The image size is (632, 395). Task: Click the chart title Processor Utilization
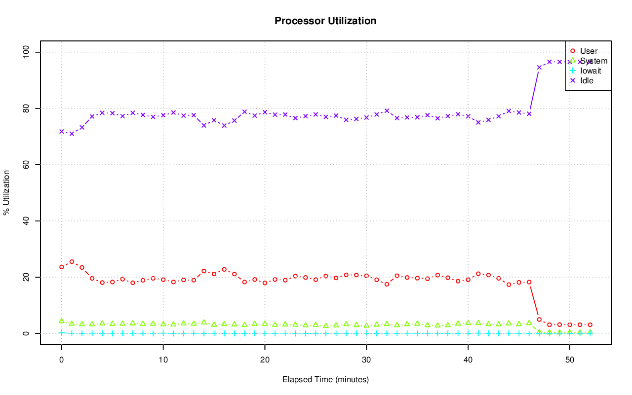[x=325, y=21]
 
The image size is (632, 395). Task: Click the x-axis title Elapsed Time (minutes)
[x=325, y=380]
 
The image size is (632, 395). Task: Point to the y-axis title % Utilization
[x=7, y=192]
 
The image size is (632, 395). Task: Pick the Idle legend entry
[x=587, y=80]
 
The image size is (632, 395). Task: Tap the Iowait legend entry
[x=591, y=71]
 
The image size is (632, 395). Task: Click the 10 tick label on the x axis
[x=163, y=360]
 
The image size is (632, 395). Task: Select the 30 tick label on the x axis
[x=366, y=360]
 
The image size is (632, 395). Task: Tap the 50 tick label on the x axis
[x=570, y=360]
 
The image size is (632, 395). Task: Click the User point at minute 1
[x=72, y=262]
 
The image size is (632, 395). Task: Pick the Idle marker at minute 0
[x=61, y=132]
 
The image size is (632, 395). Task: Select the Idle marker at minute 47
[x=539, y=67]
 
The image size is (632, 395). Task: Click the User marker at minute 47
[x=539, y=320]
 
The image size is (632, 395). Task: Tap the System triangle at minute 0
[x=61, y=321]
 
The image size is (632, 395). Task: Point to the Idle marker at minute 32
[x=387, y=110]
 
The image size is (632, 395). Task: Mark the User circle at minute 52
[x=590, y=325]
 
